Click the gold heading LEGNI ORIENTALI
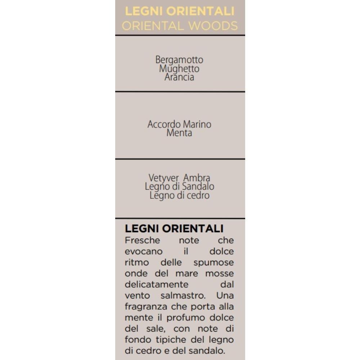pos(180,11)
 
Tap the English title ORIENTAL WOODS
pos(180,26)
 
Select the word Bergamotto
pos(179,60)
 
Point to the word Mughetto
pos(179,68)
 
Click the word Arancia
pos(179,77)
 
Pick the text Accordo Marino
pos(179,125)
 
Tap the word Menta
pos(179,133)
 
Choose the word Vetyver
pos(164,178)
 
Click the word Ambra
pos(197,178)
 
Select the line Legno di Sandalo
pos(179,186)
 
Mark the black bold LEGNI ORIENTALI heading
pos(174,229)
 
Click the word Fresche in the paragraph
pos(142,240)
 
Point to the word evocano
pos(144,251)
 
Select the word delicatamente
pos(157,284)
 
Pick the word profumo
pos(179,318)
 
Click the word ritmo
pos(137,262)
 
